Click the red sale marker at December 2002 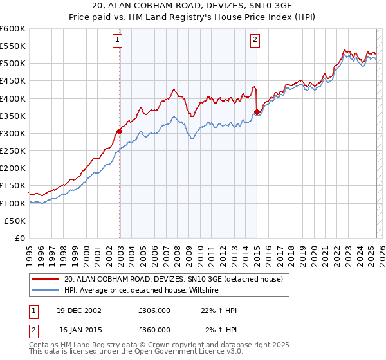coord(120,131)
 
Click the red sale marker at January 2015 coord(257,113)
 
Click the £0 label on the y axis coord(20,238)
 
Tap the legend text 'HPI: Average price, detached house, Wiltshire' coord(142,291)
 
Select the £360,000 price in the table coord(154,330)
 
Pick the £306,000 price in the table coord(154,310)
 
